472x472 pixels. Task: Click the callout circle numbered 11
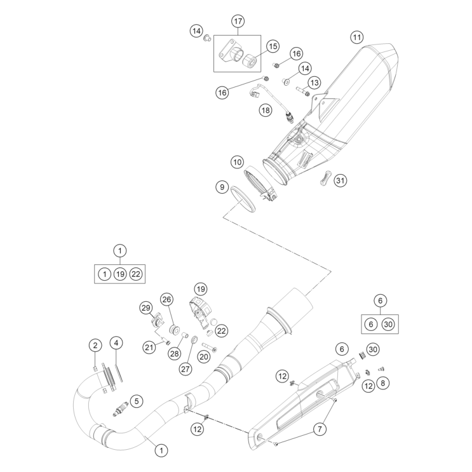tap(357, 37)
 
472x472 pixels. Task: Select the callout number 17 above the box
tap(238, 22)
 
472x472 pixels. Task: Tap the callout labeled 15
tap(272, 46)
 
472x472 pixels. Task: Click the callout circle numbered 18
tap(247, 110)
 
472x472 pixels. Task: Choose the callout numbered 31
tap(341, 180)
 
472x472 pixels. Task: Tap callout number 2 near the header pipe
tap(95, 346)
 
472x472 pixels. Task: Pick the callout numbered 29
tap(146, 308)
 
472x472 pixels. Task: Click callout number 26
tap(166, 299)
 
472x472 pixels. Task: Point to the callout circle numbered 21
tap(149, 346)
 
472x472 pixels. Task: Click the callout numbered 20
tap(203, 357)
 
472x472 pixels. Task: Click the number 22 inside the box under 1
tap(136, 274)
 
